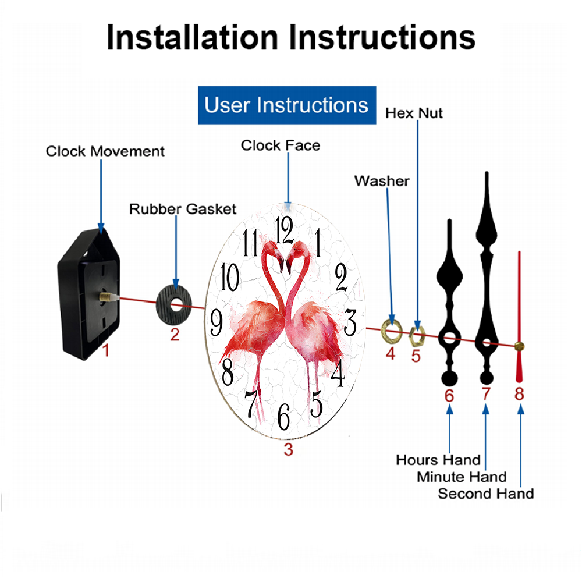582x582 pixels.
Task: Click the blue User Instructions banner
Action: (287, 105)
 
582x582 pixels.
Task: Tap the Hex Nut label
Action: (414, 113)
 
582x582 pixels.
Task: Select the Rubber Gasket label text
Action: (183, 209)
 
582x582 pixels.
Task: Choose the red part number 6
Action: (449, 396)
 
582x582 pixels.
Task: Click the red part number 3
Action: (289, 449)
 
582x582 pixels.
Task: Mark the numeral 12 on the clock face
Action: (285, 230)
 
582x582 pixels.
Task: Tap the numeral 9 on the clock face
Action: (217, 322)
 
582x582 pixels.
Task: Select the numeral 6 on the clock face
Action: (283, 417)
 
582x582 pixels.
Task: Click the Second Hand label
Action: (486, 494)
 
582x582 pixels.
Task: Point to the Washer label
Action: (382, 181)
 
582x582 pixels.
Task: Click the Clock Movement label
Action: (105, 151)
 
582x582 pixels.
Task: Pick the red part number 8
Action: (519, 394)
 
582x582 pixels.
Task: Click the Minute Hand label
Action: (462, 477)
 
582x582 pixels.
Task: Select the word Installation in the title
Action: (192, 37)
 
